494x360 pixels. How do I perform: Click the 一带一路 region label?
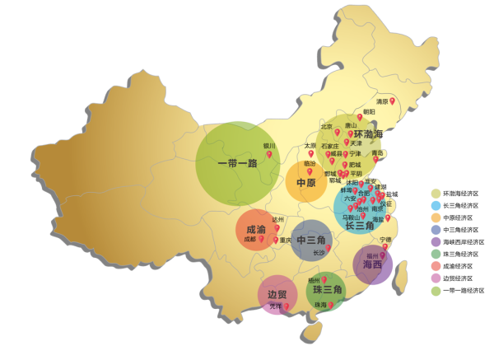coord(237,163)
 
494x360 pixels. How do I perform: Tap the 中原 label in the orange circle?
coord(306,183)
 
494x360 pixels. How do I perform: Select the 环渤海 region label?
coord(368,134)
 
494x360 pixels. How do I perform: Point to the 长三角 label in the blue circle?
coord(360,225)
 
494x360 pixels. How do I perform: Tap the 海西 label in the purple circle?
coord(372,265)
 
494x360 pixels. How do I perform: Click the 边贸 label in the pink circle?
coord(277,294)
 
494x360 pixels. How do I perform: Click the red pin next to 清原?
coord(393,101)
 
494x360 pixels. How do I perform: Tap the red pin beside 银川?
coord(268,154)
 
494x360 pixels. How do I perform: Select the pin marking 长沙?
coord(329,248)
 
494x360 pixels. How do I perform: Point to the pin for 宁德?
coord(384,246)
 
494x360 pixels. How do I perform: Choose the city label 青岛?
coord(378,152)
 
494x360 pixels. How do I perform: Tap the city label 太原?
coord(310,146)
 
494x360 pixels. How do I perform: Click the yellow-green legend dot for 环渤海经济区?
coord(436,193)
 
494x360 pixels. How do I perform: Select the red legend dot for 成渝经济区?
coord(436,266)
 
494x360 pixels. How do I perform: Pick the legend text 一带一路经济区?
coord(464,291)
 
